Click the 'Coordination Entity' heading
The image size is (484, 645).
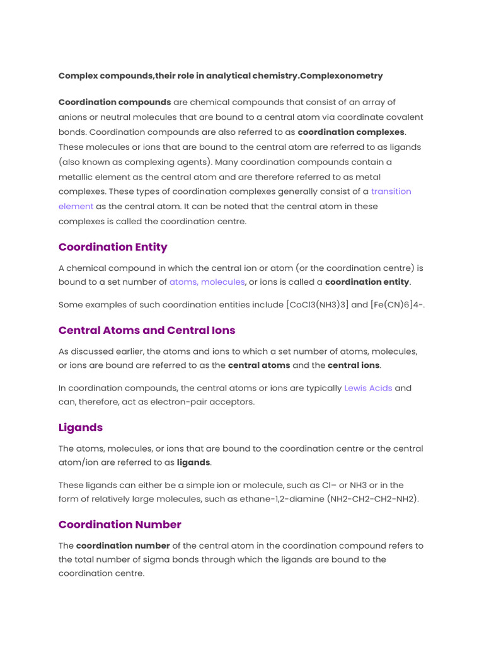113,247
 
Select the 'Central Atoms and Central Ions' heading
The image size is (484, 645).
147,330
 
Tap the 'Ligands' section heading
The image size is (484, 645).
81,427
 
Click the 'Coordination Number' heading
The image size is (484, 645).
120,524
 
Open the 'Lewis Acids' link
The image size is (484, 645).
368,388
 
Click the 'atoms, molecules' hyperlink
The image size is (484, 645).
207,282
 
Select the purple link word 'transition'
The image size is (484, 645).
391,191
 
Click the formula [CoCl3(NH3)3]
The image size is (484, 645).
317,304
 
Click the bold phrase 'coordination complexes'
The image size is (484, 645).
351,132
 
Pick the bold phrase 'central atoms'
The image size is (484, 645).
259,365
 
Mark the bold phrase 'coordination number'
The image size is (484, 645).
123,545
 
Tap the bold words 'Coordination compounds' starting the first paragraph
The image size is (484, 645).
115,102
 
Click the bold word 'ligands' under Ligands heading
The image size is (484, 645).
193,462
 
